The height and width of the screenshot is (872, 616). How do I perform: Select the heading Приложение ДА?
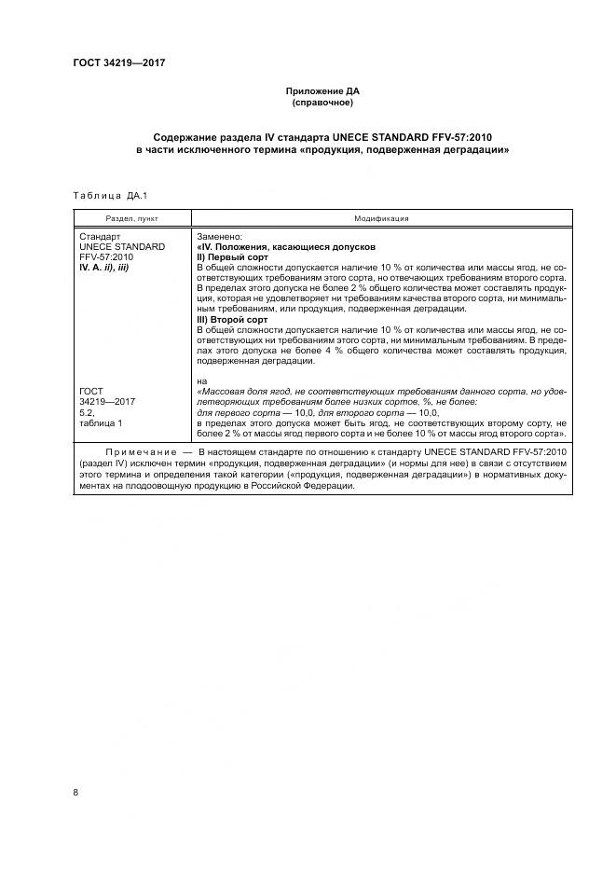coord(322,91)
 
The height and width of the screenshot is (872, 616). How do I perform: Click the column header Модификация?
coord(381,218)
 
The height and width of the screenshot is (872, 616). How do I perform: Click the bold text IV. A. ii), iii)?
coord(109,268)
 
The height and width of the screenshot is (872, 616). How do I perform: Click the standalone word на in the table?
coord(201,381)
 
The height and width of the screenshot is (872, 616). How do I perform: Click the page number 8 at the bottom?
coord(76,792)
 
